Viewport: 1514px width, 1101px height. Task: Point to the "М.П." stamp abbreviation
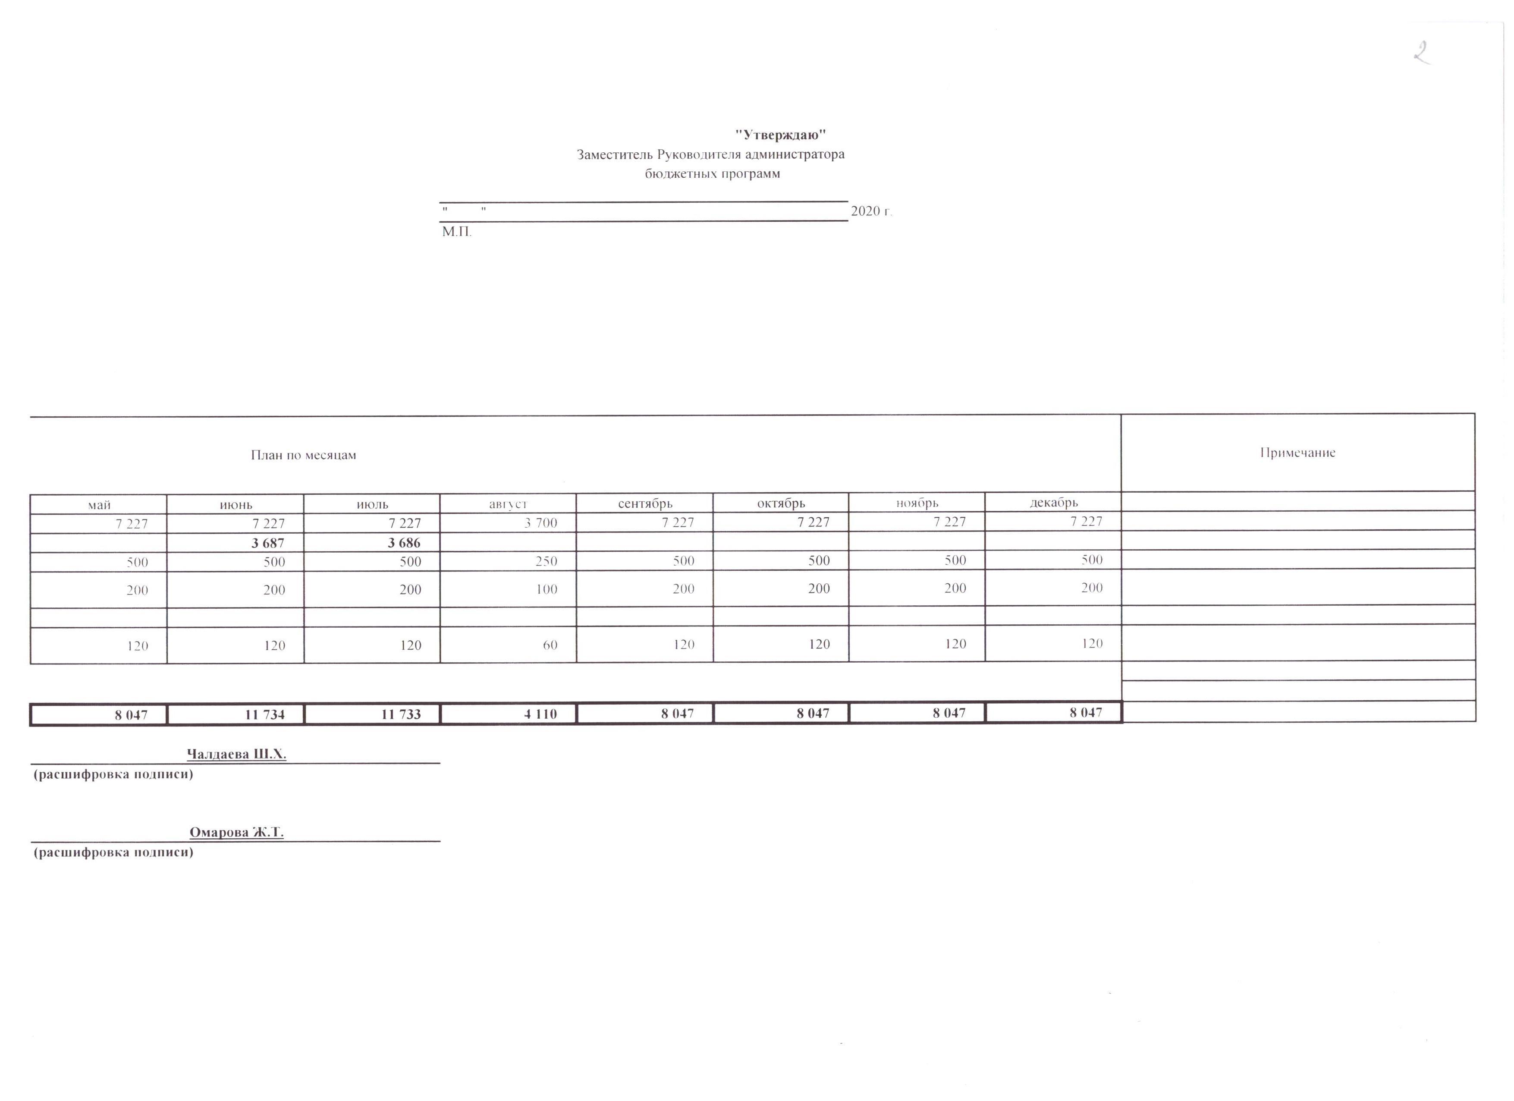457,233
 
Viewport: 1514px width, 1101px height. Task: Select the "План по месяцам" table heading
303,455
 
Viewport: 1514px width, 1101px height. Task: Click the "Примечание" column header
1297,453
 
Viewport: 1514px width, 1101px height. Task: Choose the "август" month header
508,504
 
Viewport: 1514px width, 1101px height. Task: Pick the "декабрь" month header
1053,502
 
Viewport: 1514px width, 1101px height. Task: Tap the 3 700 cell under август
541,523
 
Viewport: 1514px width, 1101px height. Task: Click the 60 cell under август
550,645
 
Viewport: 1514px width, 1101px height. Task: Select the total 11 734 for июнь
264,714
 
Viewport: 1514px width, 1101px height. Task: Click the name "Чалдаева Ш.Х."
236,755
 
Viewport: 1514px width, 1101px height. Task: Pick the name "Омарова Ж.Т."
236,833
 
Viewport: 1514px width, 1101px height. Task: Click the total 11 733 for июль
401,714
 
